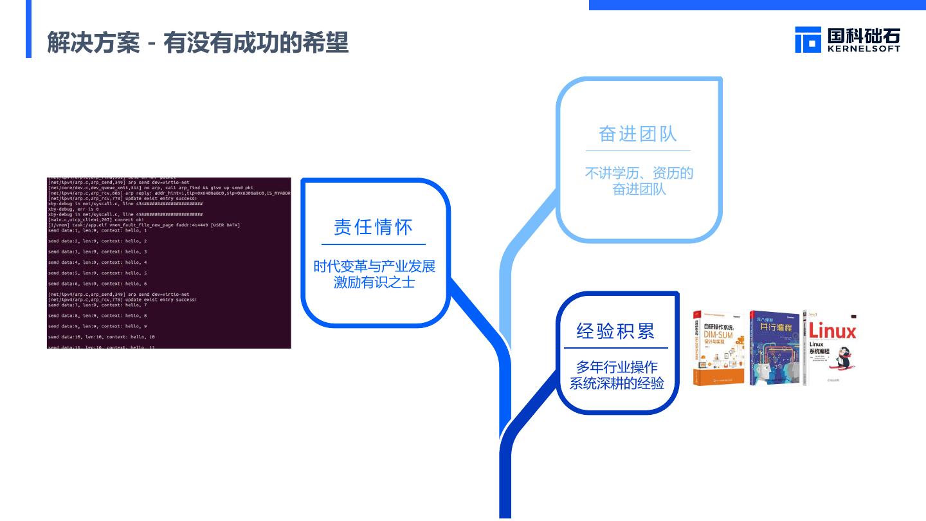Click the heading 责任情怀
pos(373,227)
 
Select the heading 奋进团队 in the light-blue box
pos(637,134)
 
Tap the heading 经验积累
pos(615,331)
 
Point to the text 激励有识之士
pos(374,282)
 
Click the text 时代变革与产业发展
pos(374,266)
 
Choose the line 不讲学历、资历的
pos(639,173)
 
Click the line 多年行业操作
pos(617,367)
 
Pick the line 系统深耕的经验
pos(617,384)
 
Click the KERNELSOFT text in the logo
pos(864,48)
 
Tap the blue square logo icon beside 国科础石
pos(808,39)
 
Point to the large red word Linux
pos(832,331)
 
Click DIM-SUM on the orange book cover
pos(718,335)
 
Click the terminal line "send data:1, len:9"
pos(97,230)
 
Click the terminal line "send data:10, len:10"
pos(101,337)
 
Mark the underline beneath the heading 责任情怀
pos(373,244)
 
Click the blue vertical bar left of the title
pos(28,29)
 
